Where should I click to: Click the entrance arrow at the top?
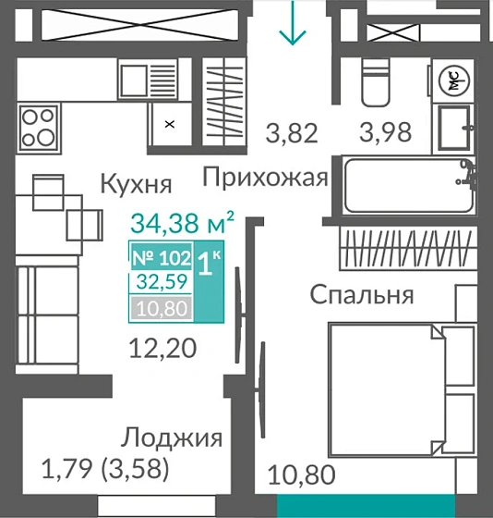(x=294, y=25)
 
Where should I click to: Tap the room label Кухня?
(x=136, y=183)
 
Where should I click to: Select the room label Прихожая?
(x=265, y=177)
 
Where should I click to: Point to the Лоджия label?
(x=173, y=438)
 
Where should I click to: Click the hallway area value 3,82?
(x=292, y=133)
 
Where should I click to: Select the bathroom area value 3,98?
(x=385, y=133)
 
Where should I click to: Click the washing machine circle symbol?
(x=455, y=80)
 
